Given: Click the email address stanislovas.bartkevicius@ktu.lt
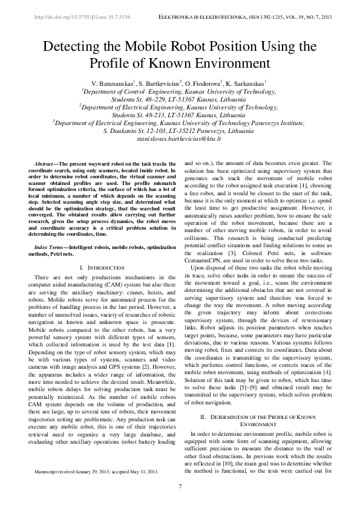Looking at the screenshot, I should tap(180, 138).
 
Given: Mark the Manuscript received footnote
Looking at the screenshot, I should tap(97, 487).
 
